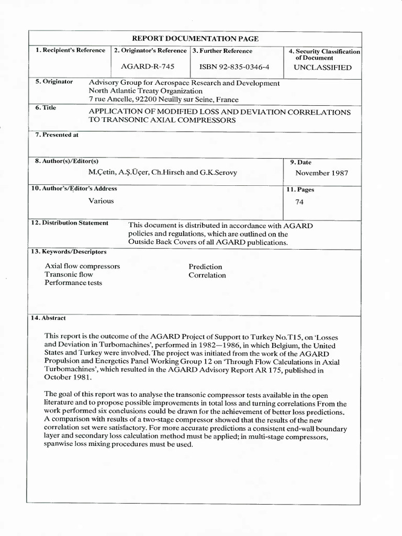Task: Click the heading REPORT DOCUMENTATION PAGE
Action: (x=195, y=39)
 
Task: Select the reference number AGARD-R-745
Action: (x=148, y=67)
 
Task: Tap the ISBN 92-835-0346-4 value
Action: (x=234, y=67)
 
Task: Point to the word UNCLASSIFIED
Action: (x=322, y=68)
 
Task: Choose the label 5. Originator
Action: (x=54, y=82)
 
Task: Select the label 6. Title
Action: (x=46, y=108)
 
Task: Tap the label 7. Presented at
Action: (x=57, y=135)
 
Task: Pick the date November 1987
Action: (x=321, y=173)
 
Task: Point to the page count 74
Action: (x=299, y=201)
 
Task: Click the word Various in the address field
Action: (x=101, y=200)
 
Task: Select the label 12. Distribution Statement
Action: (x=70, y=223)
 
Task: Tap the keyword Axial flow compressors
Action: (x=83, y=266)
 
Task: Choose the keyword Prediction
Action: (x=205, y=267)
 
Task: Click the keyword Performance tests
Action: (x=73, y=283)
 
